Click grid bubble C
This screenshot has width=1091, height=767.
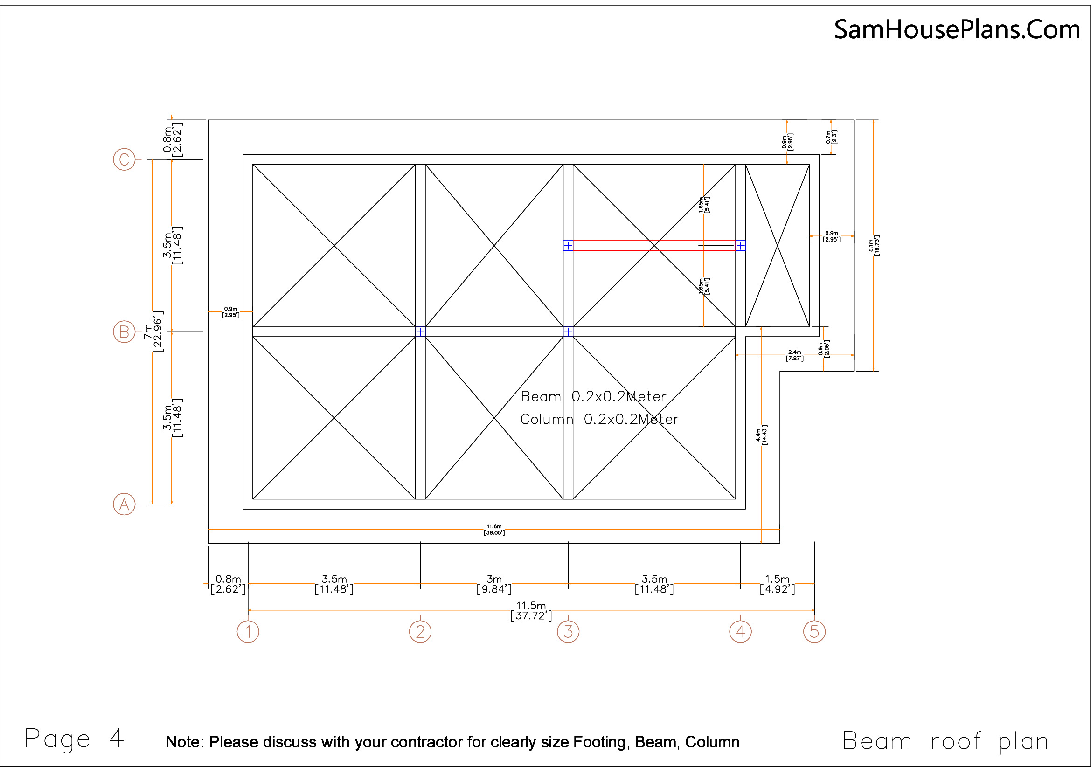click(124, 159)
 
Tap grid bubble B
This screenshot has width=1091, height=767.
click(124, 332)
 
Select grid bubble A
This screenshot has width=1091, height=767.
click(124, 504)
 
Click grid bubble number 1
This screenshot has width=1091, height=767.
click(248, 632)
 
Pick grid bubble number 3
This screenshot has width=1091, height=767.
click(568, 632)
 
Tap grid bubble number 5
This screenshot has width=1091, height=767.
click(814, 632)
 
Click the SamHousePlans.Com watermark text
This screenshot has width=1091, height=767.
click(957, 29)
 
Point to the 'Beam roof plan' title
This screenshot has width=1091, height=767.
click(945, 741)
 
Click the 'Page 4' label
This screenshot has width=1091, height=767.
click(74, 739)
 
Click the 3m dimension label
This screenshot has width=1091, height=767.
click(494, 584)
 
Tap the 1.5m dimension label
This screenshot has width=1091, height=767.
click(777, 584)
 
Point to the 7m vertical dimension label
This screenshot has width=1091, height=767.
click(153, 332)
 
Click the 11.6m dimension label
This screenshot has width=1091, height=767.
click(494, 530)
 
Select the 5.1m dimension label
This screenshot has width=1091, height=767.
click(873, 246)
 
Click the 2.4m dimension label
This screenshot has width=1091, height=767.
click(794, 355)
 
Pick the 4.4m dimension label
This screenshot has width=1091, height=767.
click(761, 435)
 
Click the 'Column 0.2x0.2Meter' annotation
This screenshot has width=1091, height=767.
click(599, 419)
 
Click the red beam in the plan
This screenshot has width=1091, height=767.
click(654, 245)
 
